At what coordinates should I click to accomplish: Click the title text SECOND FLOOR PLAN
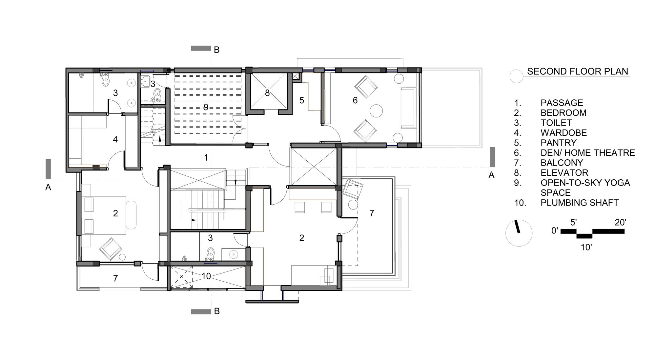click(x=577, y=71)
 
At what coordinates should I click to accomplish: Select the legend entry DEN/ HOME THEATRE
click(x=587, y=153)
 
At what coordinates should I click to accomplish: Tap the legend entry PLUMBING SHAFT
click(x=579, y=203)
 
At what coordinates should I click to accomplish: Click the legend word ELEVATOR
click(x=564, y=173)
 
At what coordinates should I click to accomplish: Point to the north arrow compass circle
click(x=519, y=233)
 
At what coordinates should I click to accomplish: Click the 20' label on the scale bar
click(x=620, y=223)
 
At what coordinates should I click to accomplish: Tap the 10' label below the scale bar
click(x=586, y=247)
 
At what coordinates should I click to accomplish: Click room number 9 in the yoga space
click(x=206, y=107)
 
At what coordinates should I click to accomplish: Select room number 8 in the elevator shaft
click(x=267, y=93)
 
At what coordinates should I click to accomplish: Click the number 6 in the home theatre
click(x=355, y=100)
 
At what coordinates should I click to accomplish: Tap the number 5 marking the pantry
click(x=302, y=100)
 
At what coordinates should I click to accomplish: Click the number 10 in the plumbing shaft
click(x=206, y=276)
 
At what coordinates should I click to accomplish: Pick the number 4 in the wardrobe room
click(x=115, y=140)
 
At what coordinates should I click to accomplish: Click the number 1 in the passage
click(x=206, y=158)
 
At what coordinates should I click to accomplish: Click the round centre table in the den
click(x=376, y=111)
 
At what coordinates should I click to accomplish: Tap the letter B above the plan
click(x=216, y=50)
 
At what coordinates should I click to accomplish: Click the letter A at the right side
click(x=491, y=175)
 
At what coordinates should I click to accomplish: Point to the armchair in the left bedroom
click(x=111, y=249)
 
